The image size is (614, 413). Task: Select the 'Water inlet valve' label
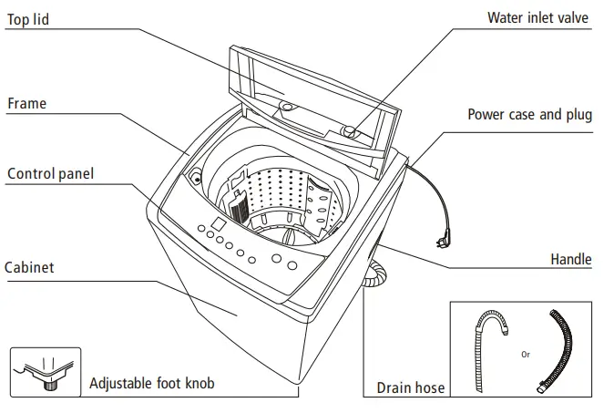click(538, 17)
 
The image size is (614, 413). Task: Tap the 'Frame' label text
click(26, 104)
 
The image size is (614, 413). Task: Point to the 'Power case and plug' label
click(529, 115)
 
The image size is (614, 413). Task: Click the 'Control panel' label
click(50, 173)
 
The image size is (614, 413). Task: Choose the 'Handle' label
click(570, 260)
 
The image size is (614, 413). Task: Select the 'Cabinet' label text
click(30, 268)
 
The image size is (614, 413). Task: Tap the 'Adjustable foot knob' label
click(152, 383)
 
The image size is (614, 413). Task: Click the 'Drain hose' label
click(411, 388)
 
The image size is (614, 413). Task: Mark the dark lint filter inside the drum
click(239, 209)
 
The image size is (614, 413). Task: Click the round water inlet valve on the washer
click(349, 133)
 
